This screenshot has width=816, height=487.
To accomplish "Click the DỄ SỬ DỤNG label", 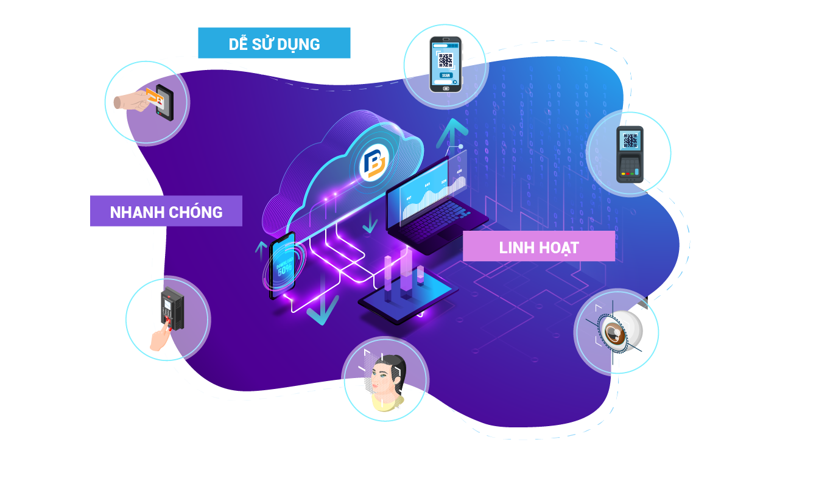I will [x=274, y=43].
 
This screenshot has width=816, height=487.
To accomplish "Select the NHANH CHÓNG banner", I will [x=166, y=211].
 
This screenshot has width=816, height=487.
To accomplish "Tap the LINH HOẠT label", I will [x=539, y=247].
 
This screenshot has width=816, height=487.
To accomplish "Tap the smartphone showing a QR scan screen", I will [x=445, y=64].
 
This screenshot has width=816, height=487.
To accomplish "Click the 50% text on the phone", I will [x=285, y=272].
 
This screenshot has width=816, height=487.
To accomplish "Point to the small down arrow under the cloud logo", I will [x=369, y=226].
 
